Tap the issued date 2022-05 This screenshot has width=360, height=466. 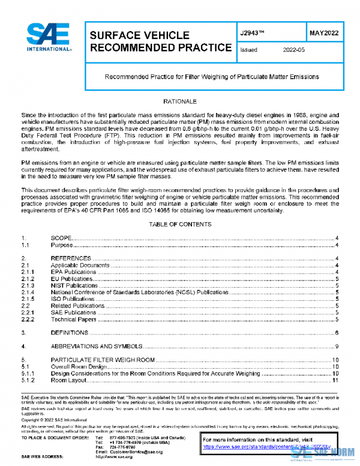click(293, 50)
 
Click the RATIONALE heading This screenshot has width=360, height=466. click(180, 102)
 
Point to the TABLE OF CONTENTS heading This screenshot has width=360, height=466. click(180, 225)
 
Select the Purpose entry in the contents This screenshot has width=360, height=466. click(62, 245)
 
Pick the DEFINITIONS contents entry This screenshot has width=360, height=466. click(70, 333)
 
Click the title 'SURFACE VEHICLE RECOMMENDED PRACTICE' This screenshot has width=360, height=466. click(160, 41)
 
